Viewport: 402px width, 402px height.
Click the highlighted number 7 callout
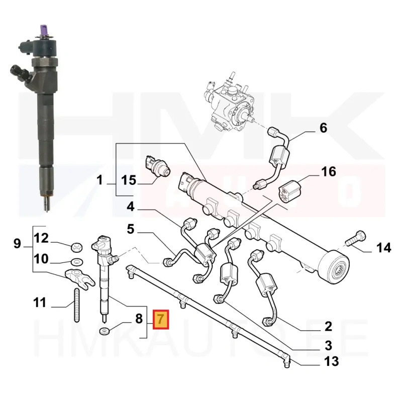tap(161, 320)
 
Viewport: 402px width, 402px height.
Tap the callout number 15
tap(129, 180)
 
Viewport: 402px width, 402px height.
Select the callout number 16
tap(329, 171)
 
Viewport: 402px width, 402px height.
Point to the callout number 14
tap(383, 248)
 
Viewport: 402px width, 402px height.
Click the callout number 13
tap(332, 361)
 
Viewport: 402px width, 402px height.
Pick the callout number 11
tap(40, 303)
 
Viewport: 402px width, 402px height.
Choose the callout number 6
tap(323, 128)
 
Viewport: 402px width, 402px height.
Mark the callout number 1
tap(100, 180)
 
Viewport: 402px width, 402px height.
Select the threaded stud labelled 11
tap(77, 305)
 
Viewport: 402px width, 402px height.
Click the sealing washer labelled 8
tap(105, 331)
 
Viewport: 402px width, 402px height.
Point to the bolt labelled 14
tap(356, 238)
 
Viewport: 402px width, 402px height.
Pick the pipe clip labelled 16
tap(290, 191)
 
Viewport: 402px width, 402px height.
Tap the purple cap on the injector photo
tap(44, 30)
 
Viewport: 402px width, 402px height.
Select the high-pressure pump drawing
tap(229, 103)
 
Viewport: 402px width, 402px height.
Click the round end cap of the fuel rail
tap(334, 267)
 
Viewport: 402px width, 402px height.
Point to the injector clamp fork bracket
tap(80, 279)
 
